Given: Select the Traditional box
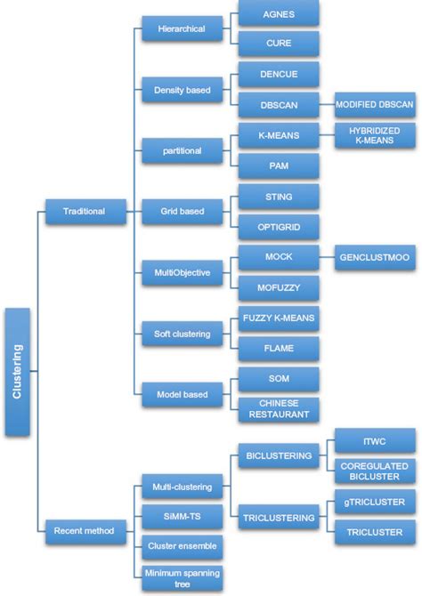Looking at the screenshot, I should (x=84, y=212).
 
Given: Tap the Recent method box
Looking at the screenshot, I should (x=84, y=531).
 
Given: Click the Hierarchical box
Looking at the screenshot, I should (x=182, y=29).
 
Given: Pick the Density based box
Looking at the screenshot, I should (x=182, y=90).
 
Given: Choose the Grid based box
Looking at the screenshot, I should (x=182, y=212).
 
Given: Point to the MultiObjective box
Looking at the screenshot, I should (x=182, y=273).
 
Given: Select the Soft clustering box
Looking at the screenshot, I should (x=182, y=334).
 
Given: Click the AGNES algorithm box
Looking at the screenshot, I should (x=279, y=14).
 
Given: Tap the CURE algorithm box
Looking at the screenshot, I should (x=279, y=43).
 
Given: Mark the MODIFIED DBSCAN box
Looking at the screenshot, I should (x=374, y=104).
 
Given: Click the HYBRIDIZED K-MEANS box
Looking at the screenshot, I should (x=374, y=136).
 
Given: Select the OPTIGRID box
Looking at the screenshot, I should (x=279, y=226).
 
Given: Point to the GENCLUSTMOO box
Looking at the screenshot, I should (x=374, y=256).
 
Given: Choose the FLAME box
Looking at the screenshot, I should (x=279, y=348).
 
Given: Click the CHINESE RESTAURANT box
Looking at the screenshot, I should (x=279, y=408).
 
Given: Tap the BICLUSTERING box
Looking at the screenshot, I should (x=279, y=455).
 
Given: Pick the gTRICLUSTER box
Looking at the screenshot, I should (x=374, y=501).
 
